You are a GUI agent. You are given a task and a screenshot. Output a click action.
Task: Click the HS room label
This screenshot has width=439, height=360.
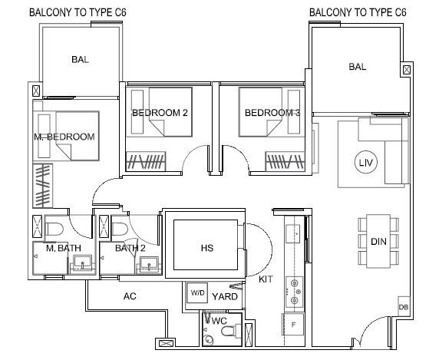[207, 248]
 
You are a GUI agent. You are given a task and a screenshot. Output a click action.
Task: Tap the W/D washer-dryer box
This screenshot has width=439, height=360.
[197, 292]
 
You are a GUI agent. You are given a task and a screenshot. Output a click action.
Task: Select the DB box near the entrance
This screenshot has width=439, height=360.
[403, 307]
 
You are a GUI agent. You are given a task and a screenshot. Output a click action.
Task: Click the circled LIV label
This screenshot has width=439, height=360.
[365, 163]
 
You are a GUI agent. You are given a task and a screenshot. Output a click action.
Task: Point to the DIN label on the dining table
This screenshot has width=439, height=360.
[378, 242]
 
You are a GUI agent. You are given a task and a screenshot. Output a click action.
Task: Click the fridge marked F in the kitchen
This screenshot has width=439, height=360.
[293, 325]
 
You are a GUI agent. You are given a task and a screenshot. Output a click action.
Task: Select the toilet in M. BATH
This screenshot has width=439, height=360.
[54, 229]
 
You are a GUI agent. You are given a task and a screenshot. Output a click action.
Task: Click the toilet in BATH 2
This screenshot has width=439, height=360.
[120, 229]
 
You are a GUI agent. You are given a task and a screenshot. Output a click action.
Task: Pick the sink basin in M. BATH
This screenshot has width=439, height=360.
[82, 262]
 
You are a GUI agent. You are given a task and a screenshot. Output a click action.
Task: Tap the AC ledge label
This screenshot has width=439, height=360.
[130, 296]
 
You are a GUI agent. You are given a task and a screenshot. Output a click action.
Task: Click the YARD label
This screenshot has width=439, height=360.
[225, 296]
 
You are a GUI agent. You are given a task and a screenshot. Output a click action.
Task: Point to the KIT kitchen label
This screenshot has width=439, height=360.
[266, 279]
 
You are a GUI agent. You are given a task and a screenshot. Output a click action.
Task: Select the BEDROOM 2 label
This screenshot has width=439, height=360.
[160, 113]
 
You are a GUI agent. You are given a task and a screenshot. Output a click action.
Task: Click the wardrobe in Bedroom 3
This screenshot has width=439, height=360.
[285, 161]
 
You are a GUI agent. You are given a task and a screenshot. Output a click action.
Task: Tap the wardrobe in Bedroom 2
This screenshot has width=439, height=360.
[146, 161]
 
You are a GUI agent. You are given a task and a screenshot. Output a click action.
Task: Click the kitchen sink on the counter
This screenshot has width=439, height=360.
[293, 233]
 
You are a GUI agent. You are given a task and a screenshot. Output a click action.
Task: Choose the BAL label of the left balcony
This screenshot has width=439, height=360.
[80, 59]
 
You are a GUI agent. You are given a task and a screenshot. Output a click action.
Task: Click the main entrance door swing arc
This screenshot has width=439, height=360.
[370, 327]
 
